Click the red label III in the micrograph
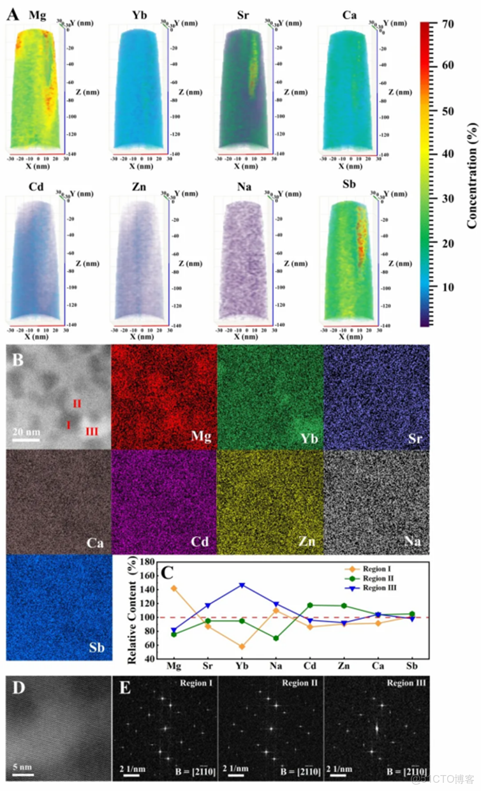click(92, 432)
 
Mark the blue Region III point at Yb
click(241, 585)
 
